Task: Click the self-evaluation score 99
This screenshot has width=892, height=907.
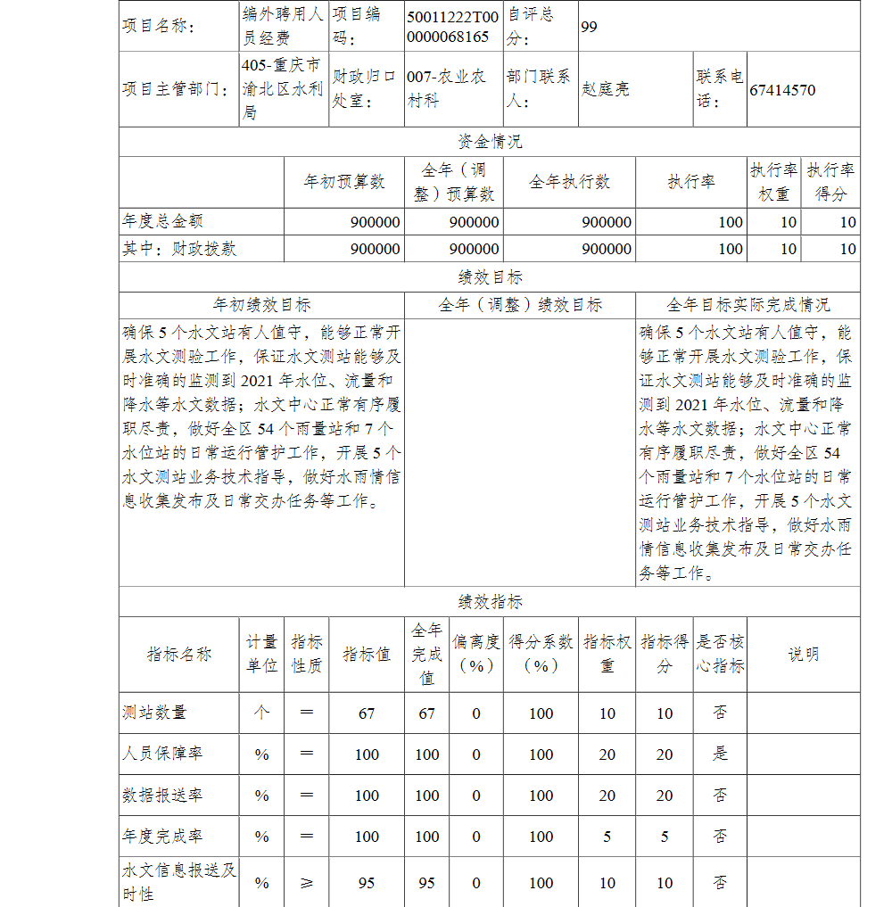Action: coord(590,27)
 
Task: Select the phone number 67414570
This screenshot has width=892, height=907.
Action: coord(782,90)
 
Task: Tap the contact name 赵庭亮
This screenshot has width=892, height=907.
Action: coord(606,90)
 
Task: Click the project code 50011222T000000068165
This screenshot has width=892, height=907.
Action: coord(452,27)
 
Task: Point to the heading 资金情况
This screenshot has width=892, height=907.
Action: coord(490,142)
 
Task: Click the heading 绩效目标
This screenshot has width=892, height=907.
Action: coord(490,277)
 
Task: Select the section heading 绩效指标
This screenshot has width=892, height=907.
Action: coord(490,601)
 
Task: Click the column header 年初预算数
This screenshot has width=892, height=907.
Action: coord(344,182)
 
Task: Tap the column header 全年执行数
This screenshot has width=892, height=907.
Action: coord(569,182)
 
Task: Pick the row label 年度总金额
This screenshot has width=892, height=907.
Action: coord(156,222)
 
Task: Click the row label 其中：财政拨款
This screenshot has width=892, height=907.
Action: coord(179,249)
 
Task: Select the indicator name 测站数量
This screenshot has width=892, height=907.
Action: coord(154,713)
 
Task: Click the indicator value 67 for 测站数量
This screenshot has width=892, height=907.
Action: coord(367,713)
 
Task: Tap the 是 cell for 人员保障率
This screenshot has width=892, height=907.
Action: coord(720,754)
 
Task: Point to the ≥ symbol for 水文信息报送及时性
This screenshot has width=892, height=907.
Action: coord(307,883)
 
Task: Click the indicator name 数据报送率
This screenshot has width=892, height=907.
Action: coord(162,795)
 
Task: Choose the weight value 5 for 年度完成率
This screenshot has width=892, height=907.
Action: coord(607,837)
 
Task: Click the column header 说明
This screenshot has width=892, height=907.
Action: coord(803,655)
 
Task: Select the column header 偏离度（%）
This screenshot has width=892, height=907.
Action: coord(476,655)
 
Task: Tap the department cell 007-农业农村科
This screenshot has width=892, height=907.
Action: coord(446,89)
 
